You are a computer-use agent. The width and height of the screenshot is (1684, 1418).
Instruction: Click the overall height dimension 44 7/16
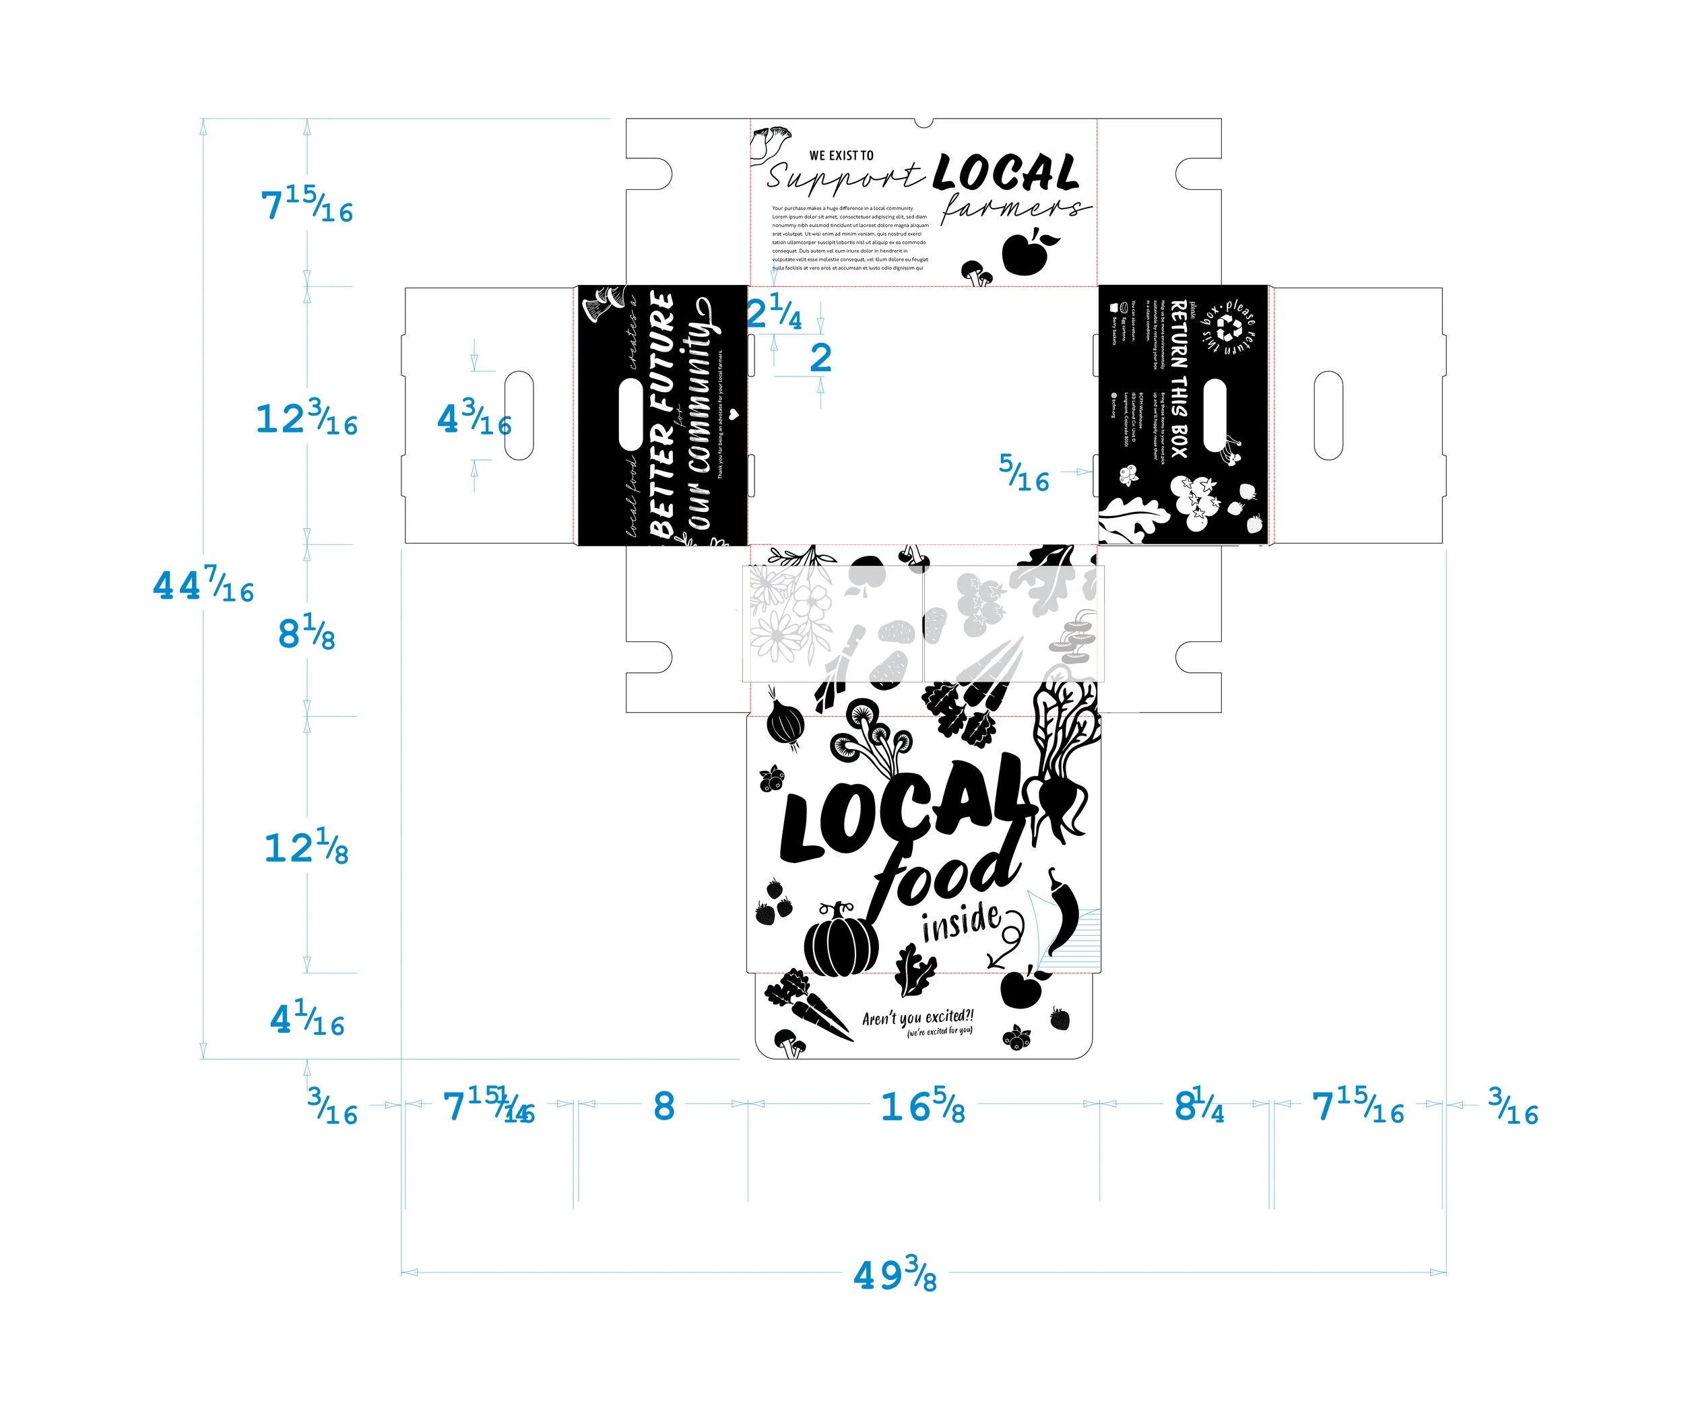(x=203, y=585)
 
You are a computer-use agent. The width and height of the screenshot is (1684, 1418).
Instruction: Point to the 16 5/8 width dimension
(x=923, y=1107)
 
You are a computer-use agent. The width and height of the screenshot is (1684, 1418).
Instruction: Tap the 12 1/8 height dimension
(x=306, y=847)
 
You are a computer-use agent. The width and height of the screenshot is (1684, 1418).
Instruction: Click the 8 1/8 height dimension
(x=306, y=633)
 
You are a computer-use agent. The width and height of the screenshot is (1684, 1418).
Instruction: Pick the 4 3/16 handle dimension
(x=474, y=419)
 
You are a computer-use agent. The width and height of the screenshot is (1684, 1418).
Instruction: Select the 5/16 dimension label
(x=1024, y=473)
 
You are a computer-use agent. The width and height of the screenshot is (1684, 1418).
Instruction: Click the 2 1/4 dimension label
(x=773, y=312)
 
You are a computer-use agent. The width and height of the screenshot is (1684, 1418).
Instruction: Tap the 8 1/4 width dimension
(x=1199, y=1107)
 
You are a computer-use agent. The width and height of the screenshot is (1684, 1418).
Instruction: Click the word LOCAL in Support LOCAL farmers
(x=1006, y=172)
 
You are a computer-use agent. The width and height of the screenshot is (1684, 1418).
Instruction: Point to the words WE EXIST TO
(x=841, y=155)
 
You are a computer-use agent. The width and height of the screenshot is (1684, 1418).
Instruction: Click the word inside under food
(x=961, y=922)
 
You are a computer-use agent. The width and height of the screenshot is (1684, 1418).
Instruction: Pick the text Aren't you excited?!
(x=917, y=1018)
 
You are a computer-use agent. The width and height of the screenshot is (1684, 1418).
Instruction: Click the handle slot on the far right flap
(x=1328, y=415)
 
